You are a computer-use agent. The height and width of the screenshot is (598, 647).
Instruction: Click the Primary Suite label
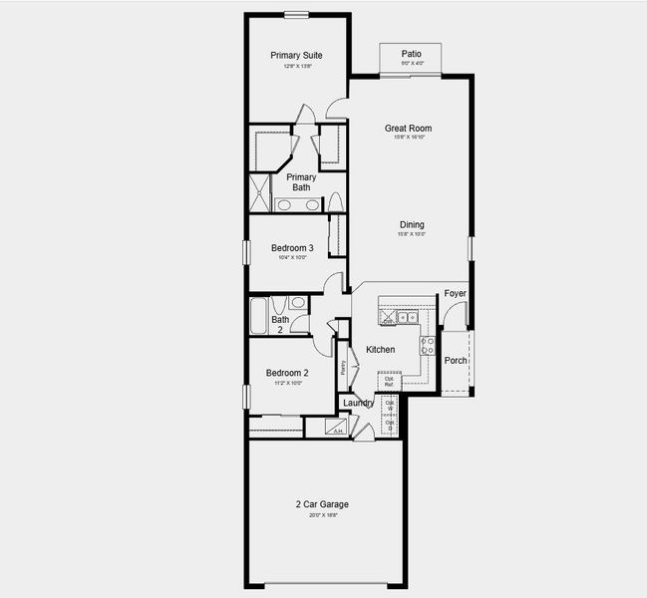(296, 55)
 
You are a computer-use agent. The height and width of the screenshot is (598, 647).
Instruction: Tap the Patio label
(411, 54)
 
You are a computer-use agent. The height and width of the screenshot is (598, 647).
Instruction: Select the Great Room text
(408, 128)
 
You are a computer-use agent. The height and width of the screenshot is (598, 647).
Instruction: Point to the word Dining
(412, 224)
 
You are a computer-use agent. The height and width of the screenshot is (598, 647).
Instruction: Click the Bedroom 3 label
(292, 248)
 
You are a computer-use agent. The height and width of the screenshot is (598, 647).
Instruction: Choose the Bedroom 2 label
(286, 373)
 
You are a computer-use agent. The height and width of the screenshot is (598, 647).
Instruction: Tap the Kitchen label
(380, 350)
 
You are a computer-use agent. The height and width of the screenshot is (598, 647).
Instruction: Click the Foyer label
(455, 294)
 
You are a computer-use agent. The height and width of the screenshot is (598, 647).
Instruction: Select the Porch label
(456, 361)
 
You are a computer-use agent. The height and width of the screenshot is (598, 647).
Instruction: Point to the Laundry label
(358, 403)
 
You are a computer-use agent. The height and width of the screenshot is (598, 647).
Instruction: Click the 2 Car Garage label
(321, 504)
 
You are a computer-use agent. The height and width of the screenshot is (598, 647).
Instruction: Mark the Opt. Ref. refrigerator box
(390, 381)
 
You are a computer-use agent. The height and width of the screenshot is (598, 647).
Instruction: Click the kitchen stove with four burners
(428, 346)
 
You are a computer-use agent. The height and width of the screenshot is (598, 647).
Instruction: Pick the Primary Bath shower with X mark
(259, 192)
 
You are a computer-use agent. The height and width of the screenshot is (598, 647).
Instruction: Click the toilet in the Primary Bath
(336, 201)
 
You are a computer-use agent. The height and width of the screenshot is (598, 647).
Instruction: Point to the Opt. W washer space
(390, 406)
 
